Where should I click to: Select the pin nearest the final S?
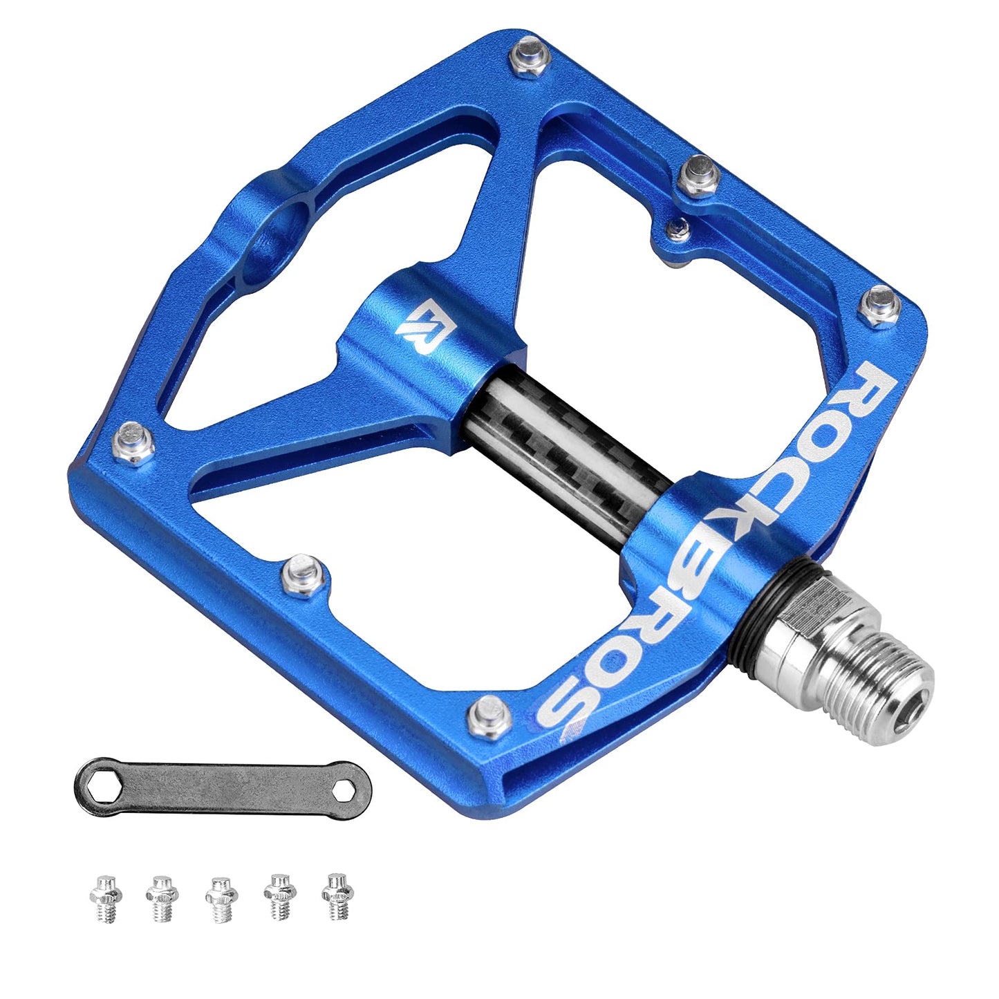[x=490, y=716]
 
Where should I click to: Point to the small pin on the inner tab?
[x=678, y=230]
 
